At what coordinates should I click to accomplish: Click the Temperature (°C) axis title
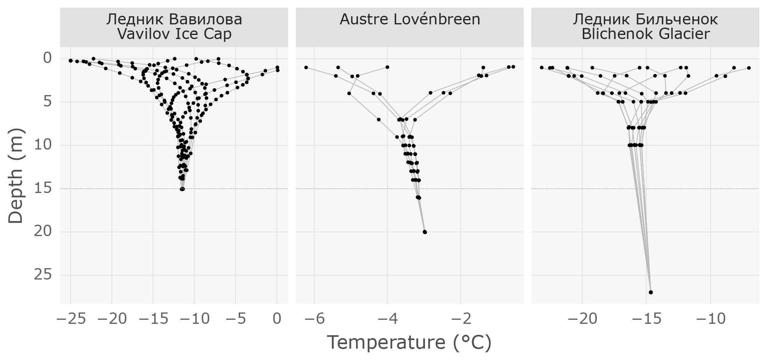409,343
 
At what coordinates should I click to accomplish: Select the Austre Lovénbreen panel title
409,19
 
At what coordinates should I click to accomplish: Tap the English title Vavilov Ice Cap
174,34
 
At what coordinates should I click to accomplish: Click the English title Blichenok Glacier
645,34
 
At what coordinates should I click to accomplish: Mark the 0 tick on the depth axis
48,58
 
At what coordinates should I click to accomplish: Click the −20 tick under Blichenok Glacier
582,319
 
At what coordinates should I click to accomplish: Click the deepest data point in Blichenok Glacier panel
651,292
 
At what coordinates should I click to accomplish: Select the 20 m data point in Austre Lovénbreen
425,232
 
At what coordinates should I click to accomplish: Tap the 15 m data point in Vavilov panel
182,189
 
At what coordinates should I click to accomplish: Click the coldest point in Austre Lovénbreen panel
306,67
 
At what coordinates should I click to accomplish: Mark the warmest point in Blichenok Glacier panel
749,68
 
